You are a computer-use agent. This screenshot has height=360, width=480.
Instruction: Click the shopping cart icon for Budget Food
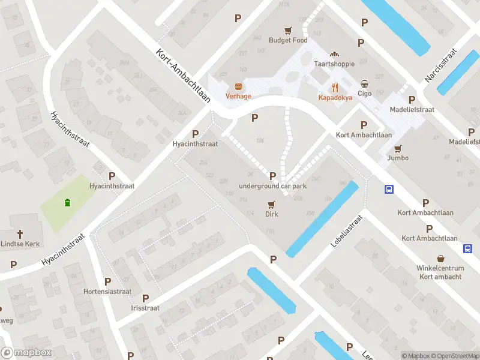(288, 30)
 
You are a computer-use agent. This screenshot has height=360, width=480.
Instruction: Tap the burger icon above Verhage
(238, 86)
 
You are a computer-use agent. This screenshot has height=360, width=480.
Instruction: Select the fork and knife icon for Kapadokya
(335, 86)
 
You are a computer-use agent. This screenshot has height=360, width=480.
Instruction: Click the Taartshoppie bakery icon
(335, 54)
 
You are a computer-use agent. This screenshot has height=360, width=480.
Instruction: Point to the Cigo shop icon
(365, 83)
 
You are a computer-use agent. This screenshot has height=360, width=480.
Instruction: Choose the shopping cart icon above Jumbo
(398, 148)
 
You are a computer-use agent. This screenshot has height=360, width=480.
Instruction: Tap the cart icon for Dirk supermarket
(272, 205)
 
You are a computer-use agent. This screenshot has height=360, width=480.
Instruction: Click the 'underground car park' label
(273, 186)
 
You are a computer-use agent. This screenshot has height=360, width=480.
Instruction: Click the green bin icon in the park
(67, 202)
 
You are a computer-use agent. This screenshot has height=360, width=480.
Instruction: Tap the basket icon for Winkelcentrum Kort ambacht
(440, 259)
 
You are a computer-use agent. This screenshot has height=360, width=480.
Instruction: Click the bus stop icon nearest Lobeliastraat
(389, 190)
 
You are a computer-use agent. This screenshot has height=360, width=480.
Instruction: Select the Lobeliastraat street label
(347, 232)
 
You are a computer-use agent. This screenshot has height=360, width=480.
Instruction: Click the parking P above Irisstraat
(145, 298)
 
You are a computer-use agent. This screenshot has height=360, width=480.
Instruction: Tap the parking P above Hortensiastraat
(107, 281)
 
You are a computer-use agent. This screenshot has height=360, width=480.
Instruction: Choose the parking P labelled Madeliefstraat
(412, 100)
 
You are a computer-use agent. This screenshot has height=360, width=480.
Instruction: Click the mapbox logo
(26, 353)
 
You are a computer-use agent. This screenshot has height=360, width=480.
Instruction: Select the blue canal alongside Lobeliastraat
(323, 218)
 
